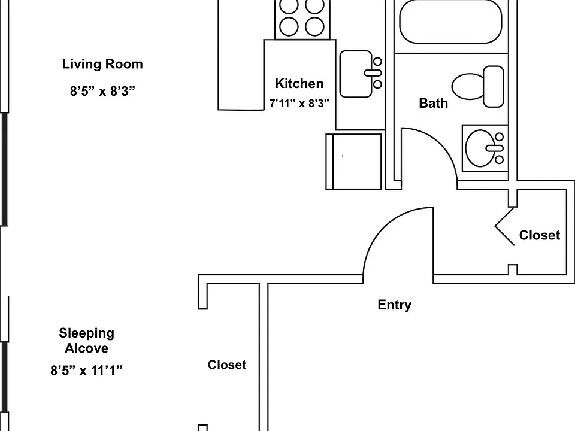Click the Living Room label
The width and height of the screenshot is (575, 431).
point(102,64)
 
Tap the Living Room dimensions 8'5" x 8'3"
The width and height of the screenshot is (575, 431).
point(102,91)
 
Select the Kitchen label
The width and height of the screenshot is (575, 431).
point(299,84)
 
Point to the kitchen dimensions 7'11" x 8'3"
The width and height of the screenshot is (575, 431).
point(299,104)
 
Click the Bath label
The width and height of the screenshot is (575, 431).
point(434,104)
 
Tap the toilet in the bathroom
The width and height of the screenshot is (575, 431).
point(477,86)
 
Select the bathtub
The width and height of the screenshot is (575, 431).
point(450,22)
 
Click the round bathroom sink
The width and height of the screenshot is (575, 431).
point(480,148)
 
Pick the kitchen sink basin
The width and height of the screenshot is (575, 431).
point(356,74)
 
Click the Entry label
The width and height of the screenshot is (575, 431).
point(395,305)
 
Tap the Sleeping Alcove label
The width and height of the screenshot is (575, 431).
point(86,341)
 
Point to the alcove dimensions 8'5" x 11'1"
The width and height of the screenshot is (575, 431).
point(86,371)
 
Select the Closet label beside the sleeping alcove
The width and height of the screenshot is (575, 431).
point(227,365)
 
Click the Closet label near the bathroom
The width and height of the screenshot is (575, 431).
point(540,235)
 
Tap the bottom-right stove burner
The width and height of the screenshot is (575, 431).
point(314,26)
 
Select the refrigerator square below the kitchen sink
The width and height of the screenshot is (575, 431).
point(354,162)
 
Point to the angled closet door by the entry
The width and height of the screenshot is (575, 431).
point(504,226)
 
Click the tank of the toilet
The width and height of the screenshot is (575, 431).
point(494,86)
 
